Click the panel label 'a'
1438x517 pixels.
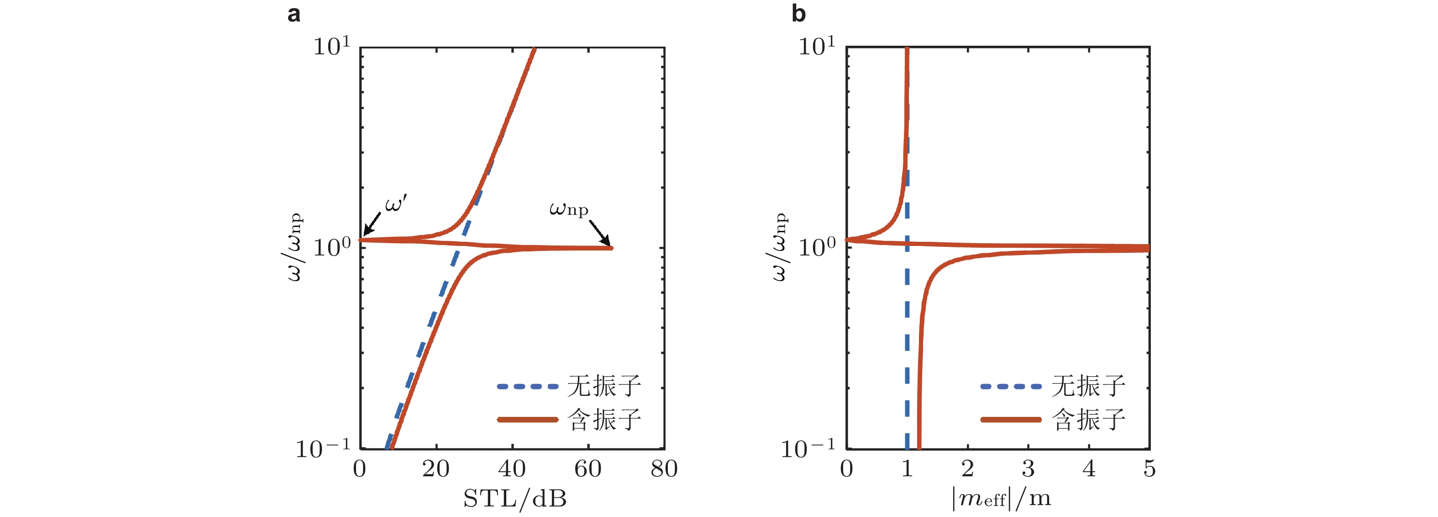pyautogui.click(x=294, y=13)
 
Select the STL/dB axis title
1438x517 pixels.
pyautogui.click(x=514, y=498)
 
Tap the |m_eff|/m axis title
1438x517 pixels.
pyautogui.click(x=1001, y=498)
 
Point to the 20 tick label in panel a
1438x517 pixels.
pyautogui.click(x=436, y=469)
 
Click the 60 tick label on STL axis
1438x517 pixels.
pyautogui.click(x=588, y=469)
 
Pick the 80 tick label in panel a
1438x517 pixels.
pyautogui.click(x=664, y=469)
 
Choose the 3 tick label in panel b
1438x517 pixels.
pyautogui.click(x=1028, y=469)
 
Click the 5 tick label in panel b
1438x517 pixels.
pyautogui.click(x=1149, y=469)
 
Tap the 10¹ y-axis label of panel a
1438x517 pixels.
pyautogui.click(x=331, y=46)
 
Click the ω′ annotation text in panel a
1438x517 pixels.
pyautogui.click(x=396, y=204)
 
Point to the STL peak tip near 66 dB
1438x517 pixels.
pyautogui.click(x=611, y=248)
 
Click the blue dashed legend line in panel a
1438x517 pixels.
pyautogui.click(x=527, y=386)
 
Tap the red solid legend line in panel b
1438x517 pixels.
pyautogui.click(x=1010, y=419)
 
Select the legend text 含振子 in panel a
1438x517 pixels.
pyautogui.click(x=604, y=419)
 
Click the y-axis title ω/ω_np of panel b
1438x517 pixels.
pyautogui.click(x=779, y=246)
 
